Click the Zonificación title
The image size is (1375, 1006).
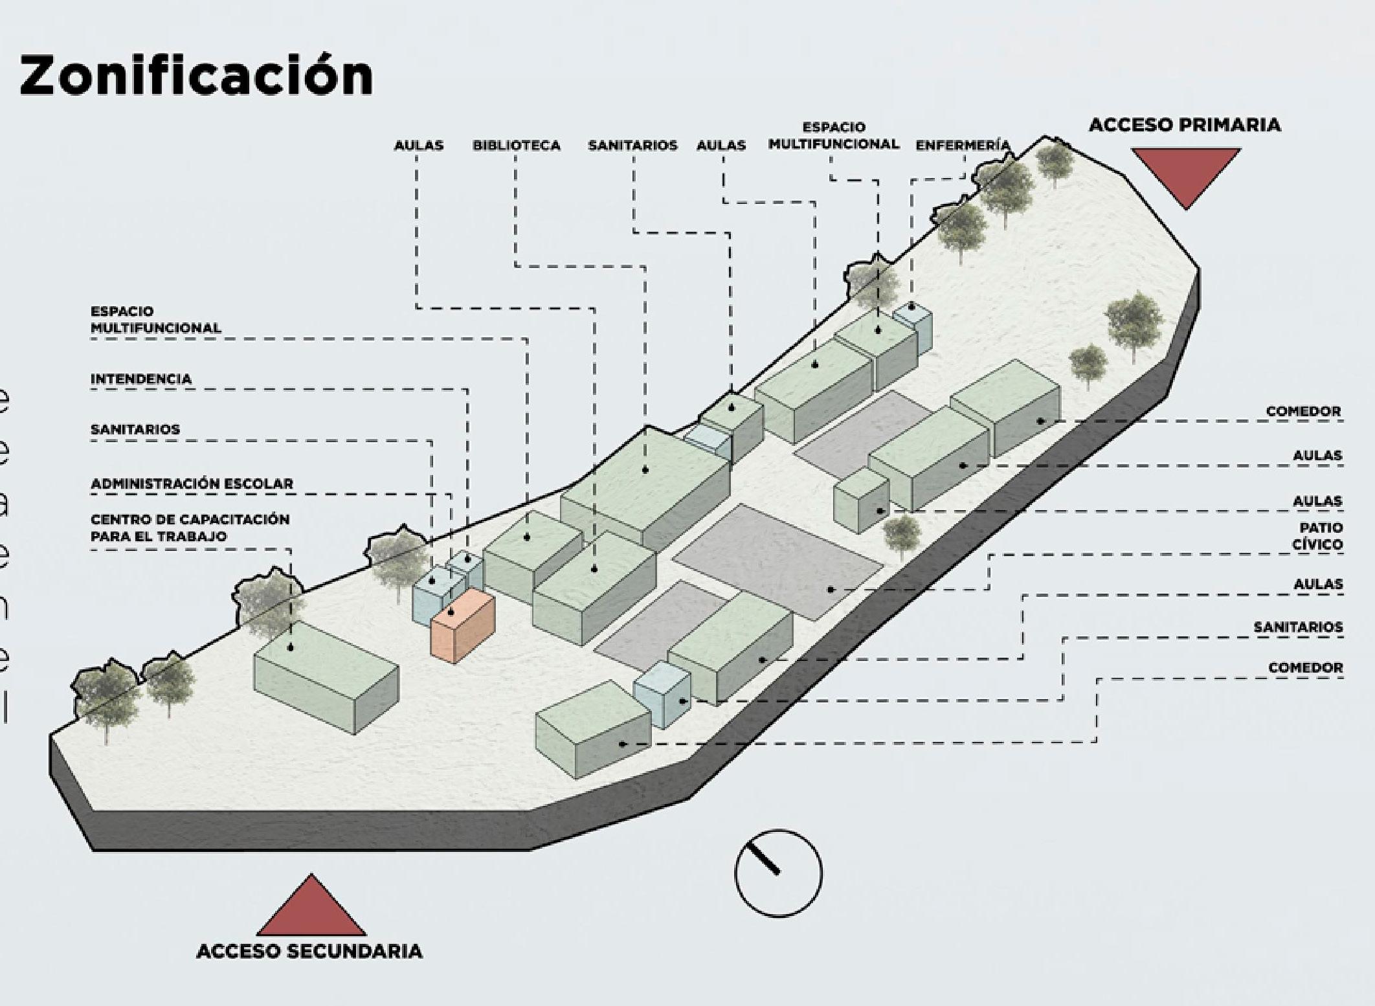click(x=196, y=76)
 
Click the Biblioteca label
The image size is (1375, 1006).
click(x=516, y=146)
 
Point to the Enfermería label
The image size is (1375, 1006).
click(x=962, y=146)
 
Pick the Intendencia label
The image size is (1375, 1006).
click(x=141, y=379)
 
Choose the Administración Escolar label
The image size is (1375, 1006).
click(x=192, y=484)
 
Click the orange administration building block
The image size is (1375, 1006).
click(x=462, y=625)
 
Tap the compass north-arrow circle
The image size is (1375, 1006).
click(x=778, y=873)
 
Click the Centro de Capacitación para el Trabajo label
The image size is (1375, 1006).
click(x=190, y=528)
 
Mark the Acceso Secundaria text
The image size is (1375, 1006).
click(x=309, y=952)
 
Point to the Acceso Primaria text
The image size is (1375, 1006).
click(x=1184, y=125)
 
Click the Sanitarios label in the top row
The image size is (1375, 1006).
click(x=632, y=146)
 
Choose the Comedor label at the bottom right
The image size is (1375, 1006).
click(x=1305, y=667)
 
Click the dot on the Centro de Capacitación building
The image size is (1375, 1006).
click(x=291, y=647)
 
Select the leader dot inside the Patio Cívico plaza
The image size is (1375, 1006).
click(x=831, y=589)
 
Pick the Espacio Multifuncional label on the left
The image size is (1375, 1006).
click(x=155, y=320)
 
